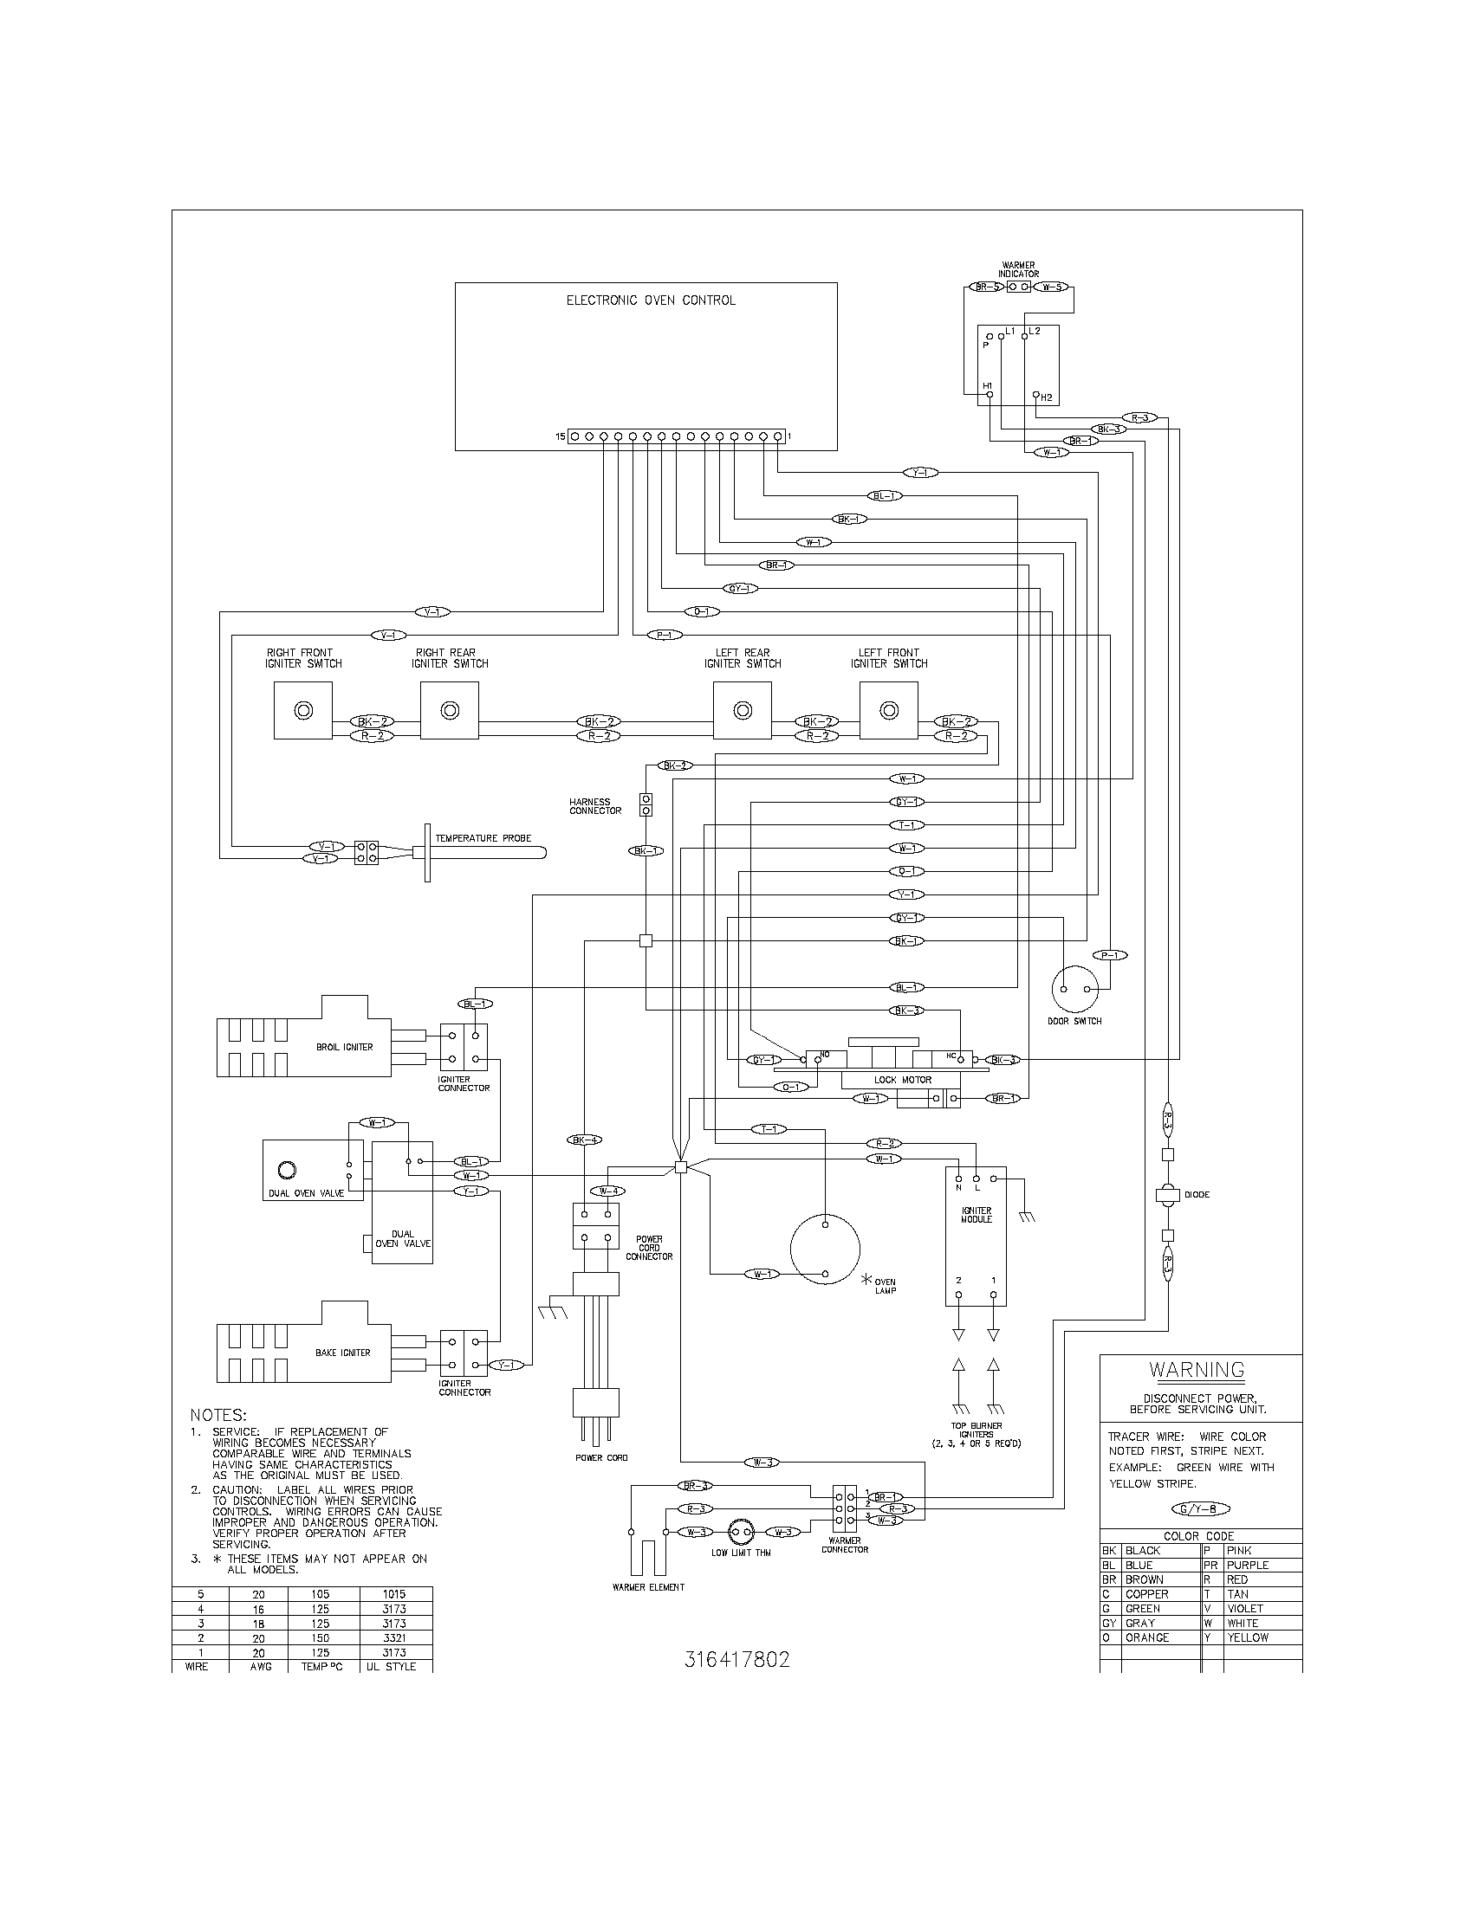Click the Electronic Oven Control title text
click(650, 300)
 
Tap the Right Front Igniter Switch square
click(302, 711)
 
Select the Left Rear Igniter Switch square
click(742, 711)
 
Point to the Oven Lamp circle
click(825, 1249)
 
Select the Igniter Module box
click(976, 1237)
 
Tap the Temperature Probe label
click(483, 838)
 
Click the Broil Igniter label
click(344, 1047)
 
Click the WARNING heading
click(1196, 1370)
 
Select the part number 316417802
click(736, 1660)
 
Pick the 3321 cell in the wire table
click(394, 1638)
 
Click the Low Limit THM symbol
click(740, 1532)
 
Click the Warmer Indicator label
click(1018, 269)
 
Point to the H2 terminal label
click(1047, 397)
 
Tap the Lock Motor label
click(902, 1080)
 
